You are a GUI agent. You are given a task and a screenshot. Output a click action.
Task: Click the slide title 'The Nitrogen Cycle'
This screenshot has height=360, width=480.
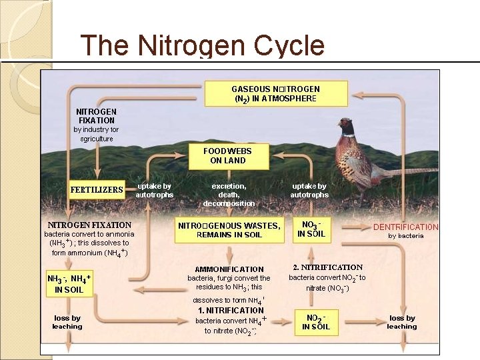202,45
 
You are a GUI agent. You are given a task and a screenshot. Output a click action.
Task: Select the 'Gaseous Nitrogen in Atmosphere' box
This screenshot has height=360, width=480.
275,93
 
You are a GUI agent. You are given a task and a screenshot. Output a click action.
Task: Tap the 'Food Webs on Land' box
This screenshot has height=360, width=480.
228,156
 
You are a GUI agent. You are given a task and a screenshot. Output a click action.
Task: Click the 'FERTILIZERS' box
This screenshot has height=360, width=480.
97,189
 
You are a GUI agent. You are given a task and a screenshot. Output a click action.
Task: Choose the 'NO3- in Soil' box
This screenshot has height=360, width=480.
311,229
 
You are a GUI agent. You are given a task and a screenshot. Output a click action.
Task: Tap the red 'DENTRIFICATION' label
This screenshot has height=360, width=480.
405,227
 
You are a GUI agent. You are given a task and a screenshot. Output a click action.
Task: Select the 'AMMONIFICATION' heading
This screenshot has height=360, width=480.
229,269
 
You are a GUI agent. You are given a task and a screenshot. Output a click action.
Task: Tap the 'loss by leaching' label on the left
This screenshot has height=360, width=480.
67,322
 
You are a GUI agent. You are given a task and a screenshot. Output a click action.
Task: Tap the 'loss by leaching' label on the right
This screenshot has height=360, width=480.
402,322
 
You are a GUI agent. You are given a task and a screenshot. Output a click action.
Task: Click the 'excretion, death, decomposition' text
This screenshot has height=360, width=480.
229,194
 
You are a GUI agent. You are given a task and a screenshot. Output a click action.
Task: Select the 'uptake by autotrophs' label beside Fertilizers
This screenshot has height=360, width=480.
154,190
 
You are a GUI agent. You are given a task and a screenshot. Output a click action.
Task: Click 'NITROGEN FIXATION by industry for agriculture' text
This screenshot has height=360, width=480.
96,125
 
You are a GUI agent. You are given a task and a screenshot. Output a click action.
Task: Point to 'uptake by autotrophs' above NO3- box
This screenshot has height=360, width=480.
309,190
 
